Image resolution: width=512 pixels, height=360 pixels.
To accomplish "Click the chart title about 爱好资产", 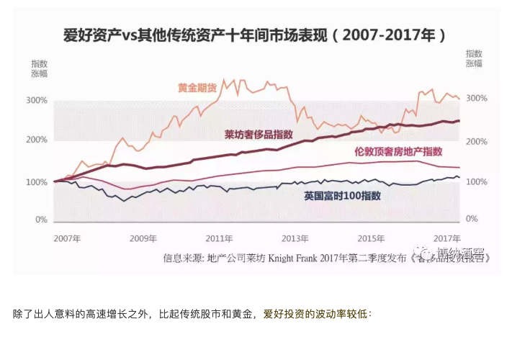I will pyautogui.click(x=255, y=35).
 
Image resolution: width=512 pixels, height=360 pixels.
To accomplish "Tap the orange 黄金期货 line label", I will pyautogui.click(x=197, y=87).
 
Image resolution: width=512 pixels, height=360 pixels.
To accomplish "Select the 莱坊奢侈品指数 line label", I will pyautogui.click(x=259, y=135).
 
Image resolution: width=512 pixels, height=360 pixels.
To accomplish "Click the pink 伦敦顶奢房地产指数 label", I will pyautogui.click(x=398, y=151).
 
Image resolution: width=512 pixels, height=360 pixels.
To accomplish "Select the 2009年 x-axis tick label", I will pyautogui.click(x=143, y=238).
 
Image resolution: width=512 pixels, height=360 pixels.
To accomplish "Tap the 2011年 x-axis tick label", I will pyautogui.click(x=219, y=238).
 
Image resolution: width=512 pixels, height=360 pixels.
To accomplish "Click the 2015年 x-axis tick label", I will pyautogui.click(x=371, y=238).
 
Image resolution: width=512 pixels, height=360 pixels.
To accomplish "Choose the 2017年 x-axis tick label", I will pyautogui.click(x=446, y=238).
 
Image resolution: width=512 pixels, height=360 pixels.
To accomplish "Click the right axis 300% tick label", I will pyautogui.click(x=477, y=99).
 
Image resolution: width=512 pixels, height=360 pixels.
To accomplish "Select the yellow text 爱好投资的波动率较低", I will pyautogui.click(x=316, y=314).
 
